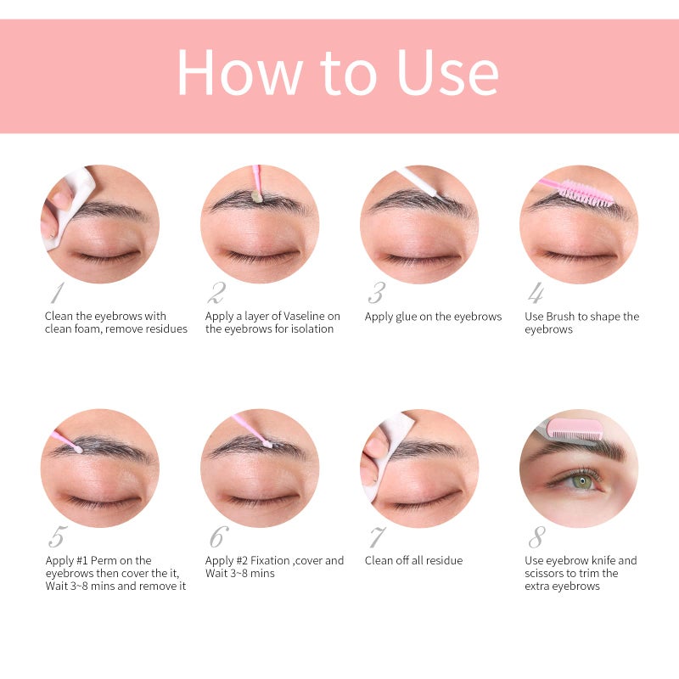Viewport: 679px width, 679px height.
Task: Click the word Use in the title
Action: point(448,72)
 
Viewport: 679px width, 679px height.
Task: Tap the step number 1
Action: point(58,292)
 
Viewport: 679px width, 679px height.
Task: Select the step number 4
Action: point(536,292)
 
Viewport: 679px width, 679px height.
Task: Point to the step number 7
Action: point(376,537)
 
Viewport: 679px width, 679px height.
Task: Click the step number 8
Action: point(537,537)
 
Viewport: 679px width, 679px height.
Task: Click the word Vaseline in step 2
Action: point(305,316)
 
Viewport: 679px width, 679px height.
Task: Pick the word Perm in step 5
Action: point(104,560)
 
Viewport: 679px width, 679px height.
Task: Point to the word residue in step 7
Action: point(444,560)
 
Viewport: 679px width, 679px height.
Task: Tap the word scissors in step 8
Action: point(544,574)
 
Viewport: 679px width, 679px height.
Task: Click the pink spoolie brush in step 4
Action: point(577,191)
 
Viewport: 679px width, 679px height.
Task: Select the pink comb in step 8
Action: point(574,429)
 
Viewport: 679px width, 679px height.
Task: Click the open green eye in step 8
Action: point(581,480)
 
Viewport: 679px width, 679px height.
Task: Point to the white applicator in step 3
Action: point(423,184)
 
